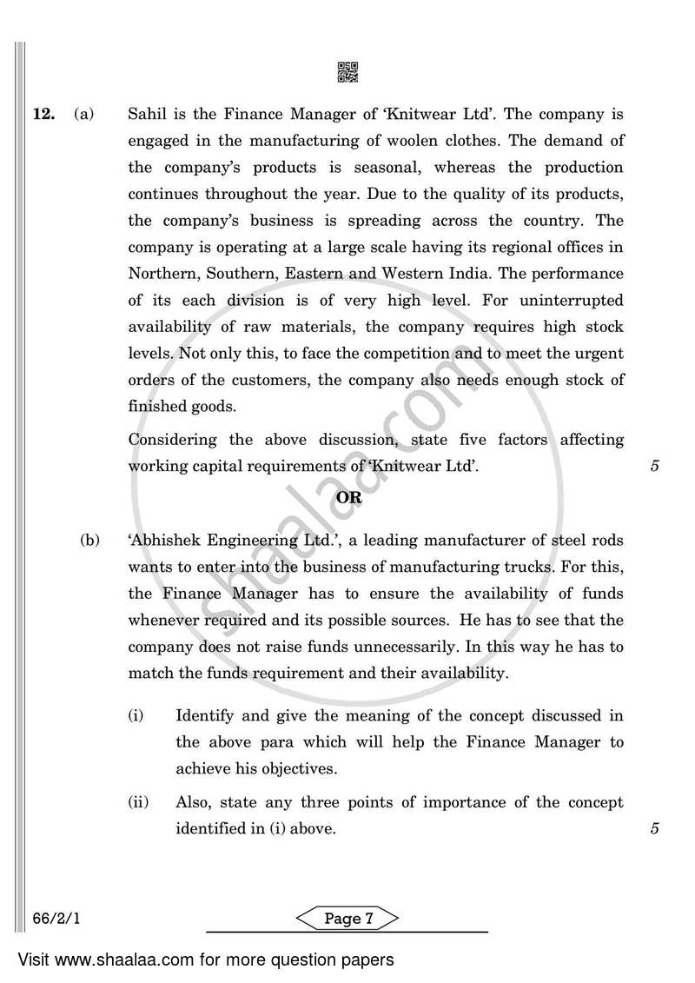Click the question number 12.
tap(43, 114)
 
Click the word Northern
tap(164, 274)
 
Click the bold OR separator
tap(348, 499)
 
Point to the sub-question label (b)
tap(90, 541)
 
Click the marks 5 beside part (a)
tap(655, 466)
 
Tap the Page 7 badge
tap(348, 920)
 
